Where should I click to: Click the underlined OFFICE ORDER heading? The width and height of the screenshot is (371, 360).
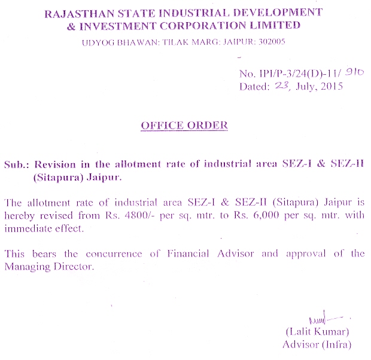(x=184, y=126)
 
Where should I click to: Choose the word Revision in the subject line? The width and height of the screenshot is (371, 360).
(x=56, y=164)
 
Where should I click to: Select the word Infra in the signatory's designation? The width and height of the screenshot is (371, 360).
(x=336, y=344)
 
